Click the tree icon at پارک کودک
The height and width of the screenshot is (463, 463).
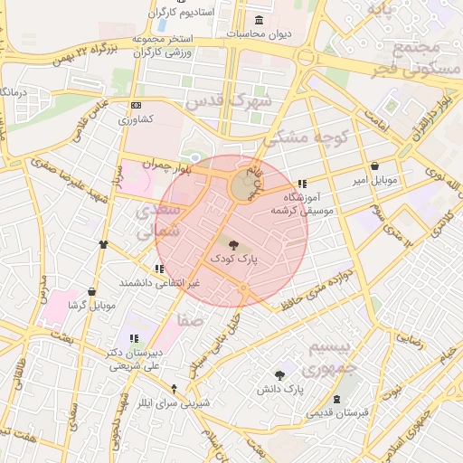[x=234, y=244]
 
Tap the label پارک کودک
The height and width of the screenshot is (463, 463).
[x=234, y=259]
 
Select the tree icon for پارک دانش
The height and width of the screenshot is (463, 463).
[x=279, y=374]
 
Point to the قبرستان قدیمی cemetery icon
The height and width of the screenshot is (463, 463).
[x=337, y=399]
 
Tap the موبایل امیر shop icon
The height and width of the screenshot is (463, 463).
[x=375, y=166]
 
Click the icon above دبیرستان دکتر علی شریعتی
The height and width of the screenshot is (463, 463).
[x=134, y=338]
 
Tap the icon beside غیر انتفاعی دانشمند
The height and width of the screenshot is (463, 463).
[x=159, y=269]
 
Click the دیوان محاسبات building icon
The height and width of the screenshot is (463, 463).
[x=260, y=20]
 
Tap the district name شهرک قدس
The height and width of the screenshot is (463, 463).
[x=220, y=100]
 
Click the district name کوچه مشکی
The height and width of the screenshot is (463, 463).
[x=300, y=137]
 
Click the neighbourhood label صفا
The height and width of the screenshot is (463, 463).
[x=192, y=319]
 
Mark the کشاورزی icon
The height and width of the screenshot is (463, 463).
[x=137, y=105]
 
